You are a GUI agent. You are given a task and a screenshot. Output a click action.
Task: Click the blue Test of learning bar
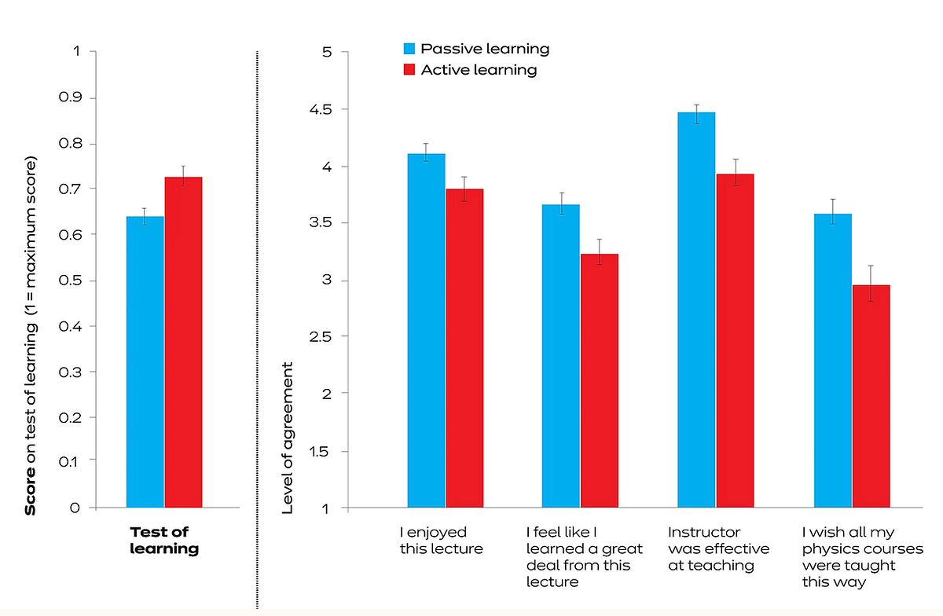click(x=145, y=361)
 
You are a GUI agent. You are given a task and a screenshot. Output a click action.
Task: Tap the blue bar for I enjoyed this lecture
click(x=426, y=330)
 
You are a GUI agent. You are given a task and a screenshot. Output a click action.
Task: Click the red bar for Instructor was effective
click(x=735, y=341)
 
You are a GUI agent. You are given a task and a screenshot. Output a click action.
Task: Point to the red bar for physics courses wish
click(x=871, y=396)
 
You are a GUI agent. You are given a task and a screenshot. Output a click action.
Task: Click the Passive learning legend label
click(x=485, y=49)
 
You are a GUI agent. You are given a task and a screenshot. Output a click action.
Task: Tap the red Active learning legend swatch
click(x=409, y=70)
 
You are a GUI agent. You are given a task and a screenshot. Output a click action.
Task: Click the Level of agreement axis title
click(x=288, y=438)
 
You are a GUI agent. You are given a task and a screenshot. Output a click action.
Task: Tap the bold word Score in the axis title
click(x=31, y=493)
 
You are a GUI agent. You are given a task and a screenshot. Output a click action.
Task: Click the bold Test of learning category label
click(x=163, y=541)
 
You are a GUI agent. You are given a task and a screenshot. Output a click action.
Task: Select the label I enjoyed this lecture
click(x=441, y=541)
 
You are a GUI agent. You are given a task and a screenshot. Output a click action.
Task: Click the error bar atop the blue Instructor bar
click(x=696, y=113)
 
